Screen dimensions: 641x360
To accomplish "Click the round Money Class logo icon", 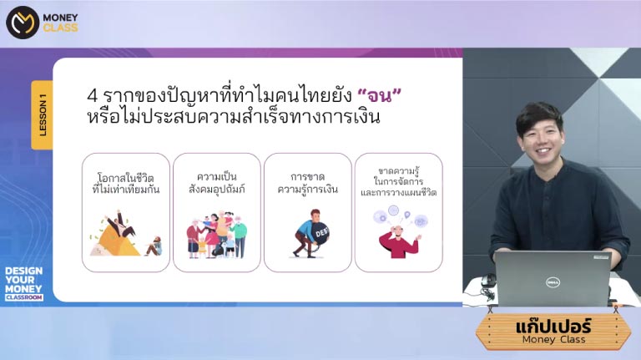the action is coord(23,23).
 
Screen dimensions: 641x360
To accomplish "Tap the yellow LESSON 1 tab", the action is coord(42,115).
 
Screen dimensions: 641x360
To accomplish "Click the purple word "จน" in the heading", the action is coord(380,96).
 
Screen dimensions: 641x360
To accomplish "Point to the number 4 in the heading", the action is coord(92,96).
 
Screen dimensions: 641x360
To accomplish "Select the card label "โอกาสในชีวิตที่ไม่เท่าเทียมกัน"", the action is coord(126,184).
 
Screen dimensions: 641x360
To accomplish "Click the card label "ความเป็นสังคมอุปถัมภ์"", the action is coord(217,183).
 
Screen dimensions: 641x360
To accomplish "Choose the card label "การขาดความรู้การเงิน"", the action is coord(307,183).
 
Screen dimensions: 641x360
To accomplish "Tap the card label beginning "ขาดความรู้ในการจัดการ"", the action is coord(399,181).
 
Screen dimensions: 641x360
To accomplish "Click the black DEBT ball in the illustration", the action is coord(320,234).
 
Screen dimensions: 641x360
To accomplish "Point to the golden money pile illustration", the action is coord(117,241).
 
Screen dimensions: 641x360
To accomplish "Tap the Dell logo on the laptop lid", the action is coord(553,281).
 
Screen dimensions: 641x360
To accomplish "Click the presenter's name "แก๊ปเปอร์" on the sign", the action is coord(553,327).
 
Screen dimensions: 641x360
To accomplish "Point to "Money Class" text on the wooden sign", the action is coord(553,340).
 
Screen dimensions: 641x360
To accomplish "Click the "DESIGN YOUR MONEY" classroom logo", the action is coord(23,283).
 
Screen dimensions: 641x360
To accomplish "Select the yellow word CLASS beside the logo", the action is coord(60,28).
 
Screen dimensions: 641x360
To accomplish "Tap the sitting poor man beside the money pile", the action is coord(154,246).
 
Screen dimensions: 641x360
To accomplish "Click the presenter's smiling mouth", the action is coord(543,152).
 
